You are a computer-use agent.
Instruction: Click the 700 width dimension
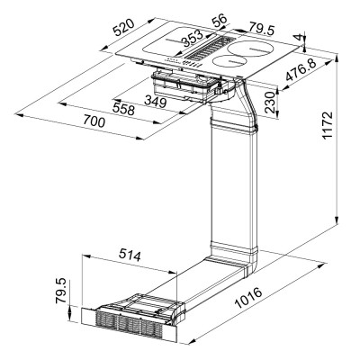point(76,119)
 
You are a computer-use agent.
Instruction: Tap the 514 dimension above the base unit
point(130,256)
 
